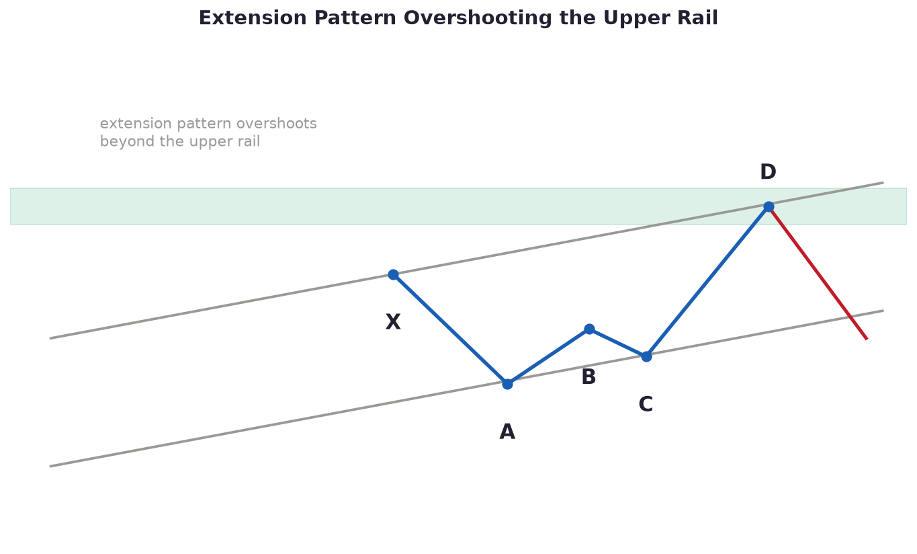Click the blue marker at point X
(393, 274)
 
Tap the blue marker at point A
(507, 384)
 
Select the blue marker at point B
(589, 329)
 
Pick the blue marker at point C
(646, 356)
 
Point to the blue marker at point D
(769, 206)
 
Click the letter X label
(393, 322)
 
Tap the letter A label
(507, 432)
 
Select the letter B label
(588, 377)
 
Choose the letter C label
(646, 405)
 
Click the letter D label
(768, 172)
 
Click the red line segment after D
(818, 273)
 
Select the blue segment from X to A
(450, 329)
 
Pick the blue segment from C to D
(707, 282)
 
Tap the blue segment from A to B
(548, 356)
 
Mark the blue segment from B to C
(617, 343)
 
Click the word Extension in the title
(253, 18)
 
